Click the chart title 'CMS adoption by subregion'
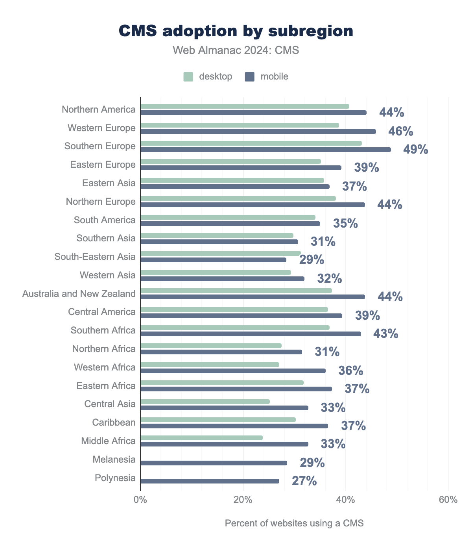click(x=236, y=31)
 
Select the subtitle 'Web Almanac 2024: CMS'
click(x=236, y=50)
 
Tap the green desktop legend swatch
click(x=188, y=76)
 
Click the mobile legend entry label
click(x=274, y=76)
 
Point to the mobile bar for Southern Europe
click(x=265, y=150)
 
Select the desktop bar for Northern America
click(x=245, y=106)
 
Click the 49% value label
click(x=415, y=150)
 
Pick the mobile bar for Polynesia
click(x=210, y=481)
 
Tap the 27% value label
click(x=304, y=481)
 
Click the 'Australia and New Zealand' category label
click(x=79, y=294)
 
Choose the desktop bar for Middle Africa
click(x=201, y=438)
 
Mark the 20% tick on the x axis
click(x=243, y=500)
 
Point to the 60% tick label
click(x=448, y=500)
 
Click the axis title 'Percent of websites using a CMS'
click(x=294, y=523)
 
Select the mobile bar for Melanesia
click(x=214, y=463)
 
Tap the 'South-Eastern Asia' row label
click(x=95, y=257)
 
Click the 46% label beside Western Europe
click(x=400, y=132)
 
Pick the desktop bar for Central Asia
click(x=205, y=402)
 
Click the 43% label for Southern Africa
click(x=385, y=334)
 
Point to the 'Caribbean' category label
click(x=114, y=422)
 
